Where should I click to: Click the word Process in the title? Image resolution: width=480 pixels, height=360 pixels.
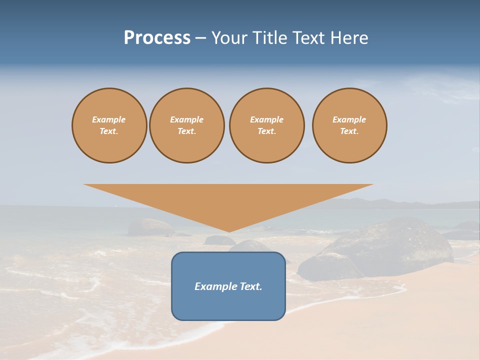tap(157, 38)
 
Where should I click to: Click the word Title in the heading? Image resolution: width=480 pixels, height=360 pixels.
tap(268, 38)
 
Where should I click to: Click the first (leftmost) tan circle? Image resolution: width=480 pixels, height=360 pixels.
tap(109, 125)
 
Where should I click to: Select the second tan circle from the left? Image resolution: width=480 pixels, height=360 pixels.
tap(187, 125)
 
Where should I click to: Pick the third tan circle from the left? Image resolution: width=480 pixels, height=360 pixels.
tap(267, 125)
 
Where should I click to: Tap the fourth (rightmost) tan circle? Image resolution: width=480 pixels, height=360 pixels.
tap(349, 125)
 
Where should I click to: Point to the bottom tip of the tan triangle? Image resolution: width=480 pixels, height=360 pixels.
tap(229, 231)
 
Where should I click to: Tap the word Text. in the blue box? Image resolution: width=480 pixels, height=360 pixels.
tap(251, 286)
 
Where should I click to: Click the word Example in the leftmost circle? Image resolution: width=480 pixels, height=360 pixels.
tap(109, 119)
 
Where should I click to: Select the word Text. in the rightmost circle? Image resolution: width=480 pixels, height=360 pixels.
tap(349, 131)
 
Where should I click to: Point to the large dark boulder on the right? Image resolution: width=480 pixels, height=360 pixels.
tap(395, 245)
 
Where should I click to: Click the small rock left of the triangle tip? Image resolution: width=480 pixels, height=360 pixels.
tap(150, 226)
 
